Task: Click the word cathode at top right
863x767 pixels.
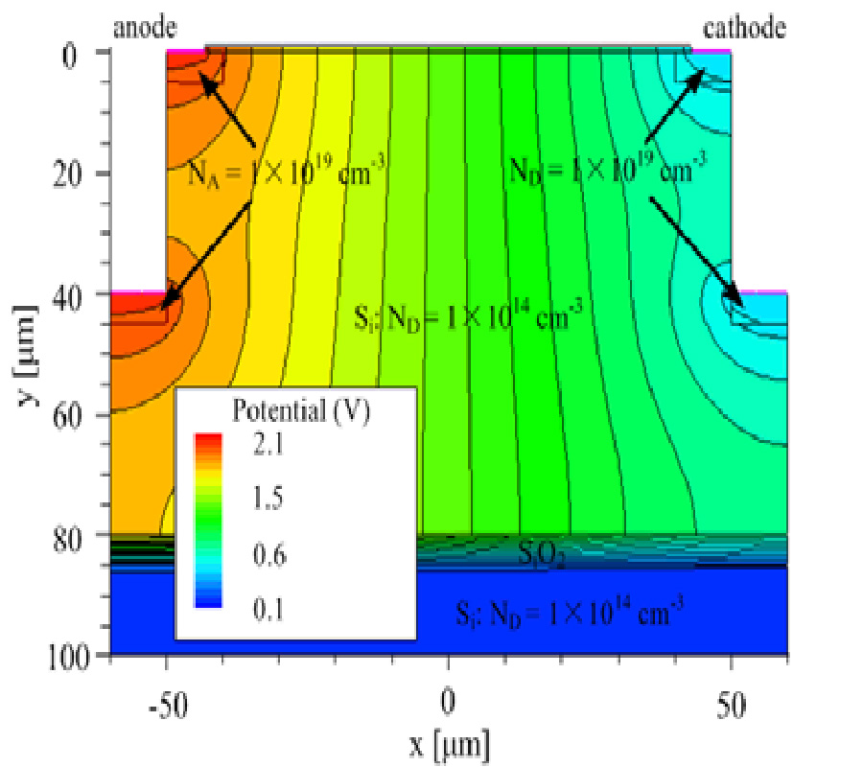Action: (744, 28)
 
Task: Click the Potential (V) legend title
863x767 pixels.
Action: (301, 411)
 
